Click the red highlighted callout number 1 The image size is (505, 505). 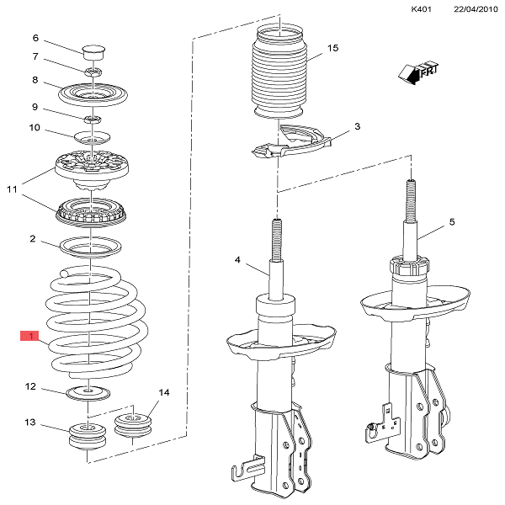(29, 336)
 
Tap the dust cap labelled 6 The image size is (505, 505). (93, 52)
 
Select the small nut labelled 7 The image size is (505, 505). (93, 72)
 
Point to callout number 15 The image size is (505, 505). (333, 48)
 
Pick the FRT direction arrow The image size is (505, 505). (418, 73)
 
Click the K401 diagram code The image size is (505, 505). (421, 9)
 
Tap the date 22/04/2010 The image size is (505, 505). (476, 9)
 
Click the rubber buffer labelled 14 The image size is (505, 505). (133, 425)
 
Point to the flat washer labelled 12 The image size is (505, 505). (88, 393)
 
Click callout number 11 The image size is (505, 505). (12, 189)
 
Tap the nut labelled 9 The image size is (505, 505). (93, 120)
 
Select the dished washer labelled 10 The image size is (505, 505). (92, 137)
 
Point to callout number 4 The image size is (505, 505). (237, 259)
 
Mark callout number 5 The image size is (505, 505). (452, 222)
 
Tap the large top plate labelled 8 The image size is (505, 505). (93, 94)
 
